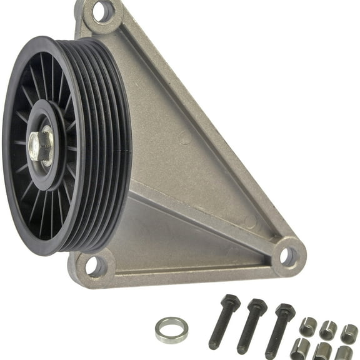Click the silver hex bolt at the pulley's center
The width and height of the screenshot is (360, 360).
40,146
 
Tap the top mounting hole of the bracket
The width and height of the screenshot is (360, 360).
100,11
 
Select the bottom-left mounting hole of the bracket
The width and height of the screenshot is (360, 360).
93,266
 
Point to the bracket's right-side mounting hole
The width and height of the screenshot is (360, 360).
287,255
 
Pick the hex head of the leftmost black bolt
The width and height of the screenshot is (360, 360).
229,304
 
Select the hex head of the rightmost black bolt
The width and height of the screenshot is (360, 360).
285,311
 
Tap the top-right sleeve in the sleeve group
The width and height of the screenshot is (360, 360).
349,332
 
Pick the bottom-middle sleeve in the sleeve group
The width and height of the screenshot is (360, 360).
323,351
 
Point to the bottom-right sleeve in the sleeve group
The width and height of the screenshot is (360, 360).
344,352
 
